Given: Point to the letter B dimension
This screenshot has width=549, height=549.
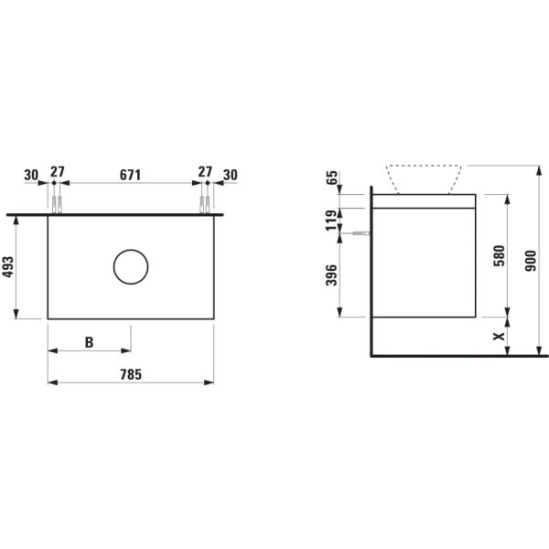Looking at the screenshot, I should pos(89,342).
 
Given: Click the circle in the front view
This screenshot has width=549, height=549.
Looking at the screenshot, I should pos(130,266).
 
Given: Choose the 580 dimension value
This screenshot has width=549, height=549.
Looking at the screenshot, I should pos(499,254).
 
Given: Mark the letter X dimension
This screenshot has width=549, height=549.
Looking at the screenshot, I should pos(499,336).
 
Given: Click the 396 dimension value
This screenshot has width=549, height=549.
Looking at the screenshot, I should pos(332,274).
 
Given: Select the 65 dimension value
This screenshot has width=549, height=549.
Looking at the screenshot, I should pos(332,178).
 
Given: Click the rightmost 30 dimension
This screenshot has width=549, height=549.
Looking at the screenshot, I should pos(230,175).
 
